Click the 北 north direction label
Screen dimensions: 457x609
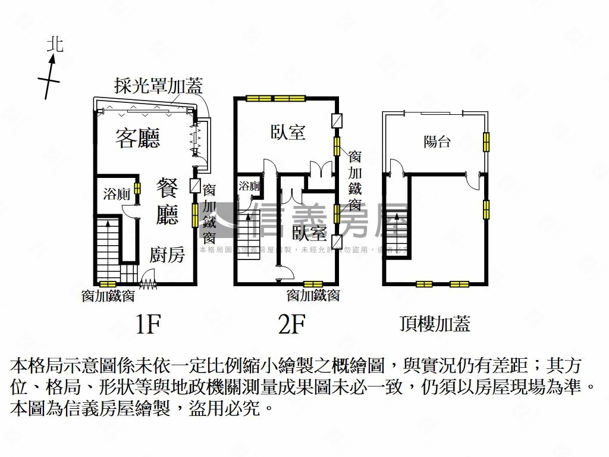55,44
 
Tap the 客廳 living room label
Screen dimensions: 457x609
137,138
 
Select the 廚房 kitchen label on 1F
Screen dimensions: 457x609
167,255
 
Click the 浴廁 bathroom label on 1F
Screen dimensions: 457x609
117,193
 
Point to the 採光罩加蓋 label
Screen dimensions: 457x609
158,86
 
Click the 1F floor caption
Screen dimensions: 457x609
148,324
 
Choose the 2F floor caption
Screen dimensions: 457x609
291,324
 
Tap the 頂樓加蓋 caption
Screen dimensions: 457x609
435,324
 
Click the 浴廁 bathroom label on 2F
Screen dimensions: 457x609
249,186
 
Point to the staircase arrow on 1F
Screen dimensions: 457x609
108,225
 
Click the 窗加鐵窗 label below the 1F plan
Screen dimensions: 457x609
108,295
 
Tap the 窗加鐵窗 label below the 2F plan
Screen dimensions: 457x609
313,295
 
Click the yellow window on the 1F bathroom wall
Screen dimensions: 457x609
137,189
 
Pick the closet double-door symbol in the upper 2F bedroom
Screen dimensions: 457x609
321,170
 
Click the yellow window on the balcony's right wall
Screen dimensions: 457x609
486,142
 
